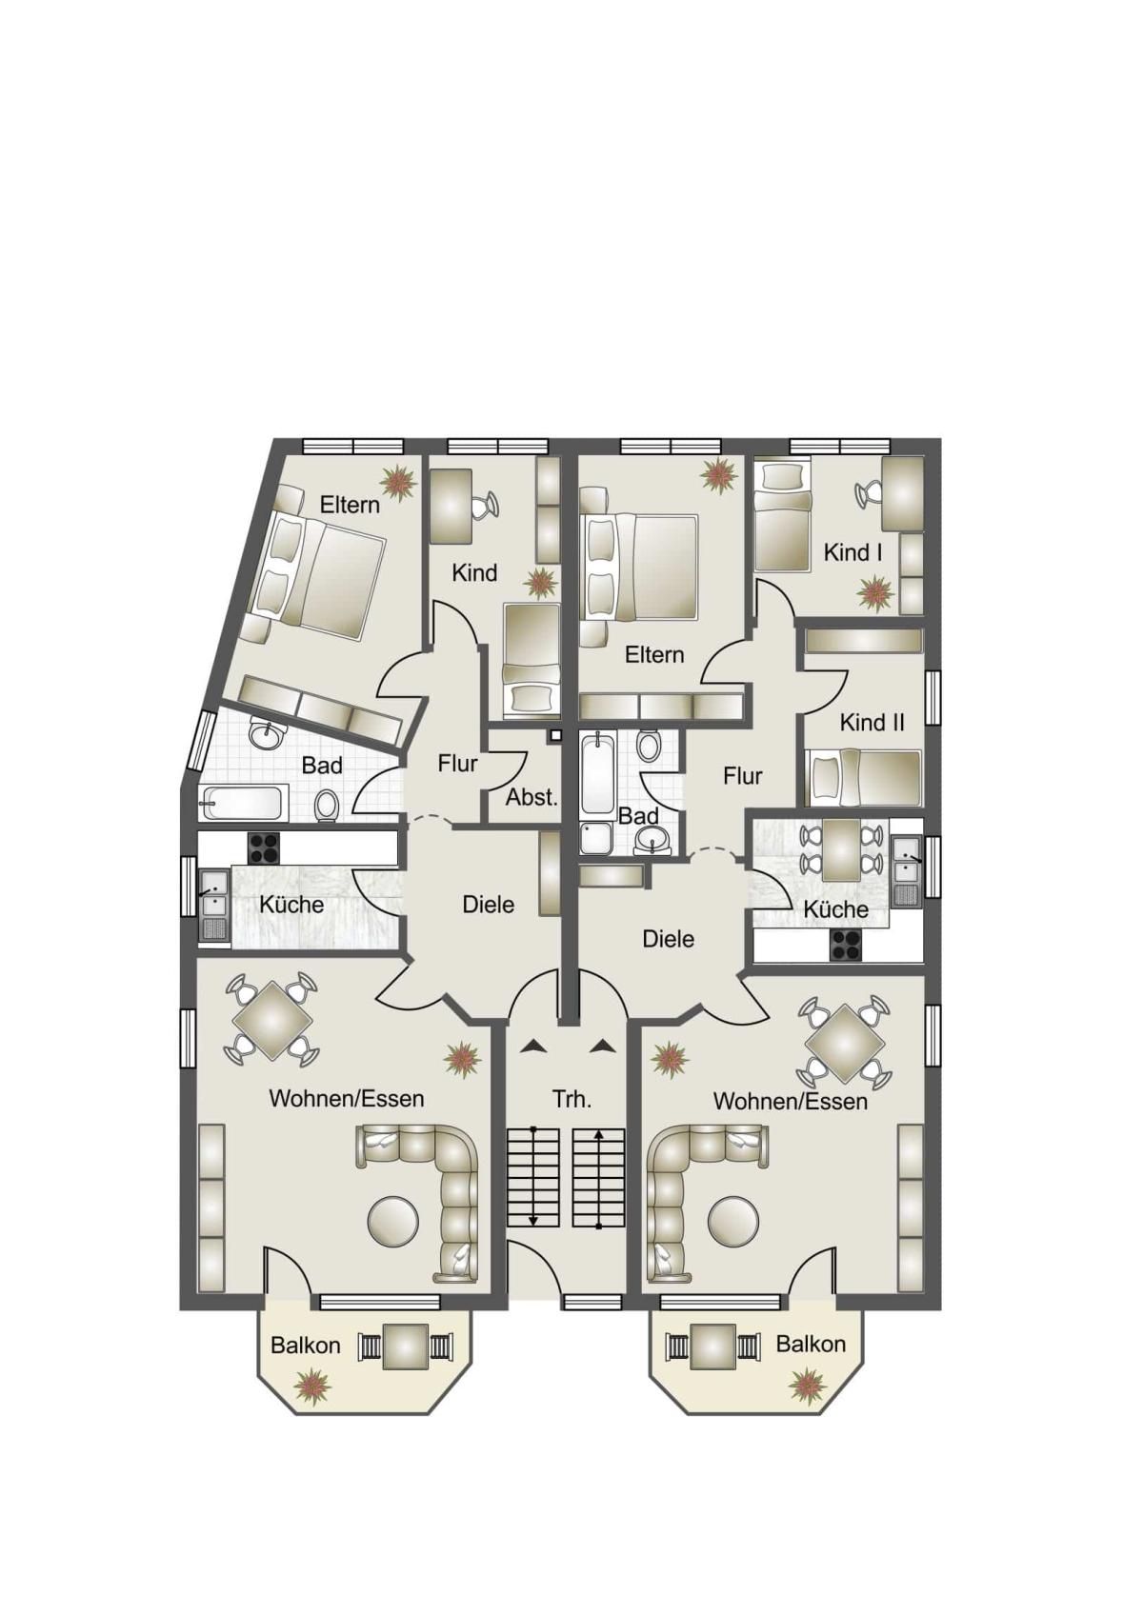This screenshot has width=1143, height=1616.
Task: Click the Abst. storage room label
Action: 531,798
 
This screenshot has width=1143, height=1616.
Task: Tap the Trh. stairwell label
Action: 571,1100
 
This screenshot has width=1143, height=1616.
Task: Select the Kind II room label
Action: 872,722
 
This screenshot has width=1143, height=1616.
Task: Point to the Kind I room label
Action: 852,553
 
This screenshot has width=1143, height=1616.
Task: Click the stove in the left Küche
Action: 264,847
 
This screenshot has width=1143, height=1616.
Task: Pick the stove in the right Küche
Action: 847,946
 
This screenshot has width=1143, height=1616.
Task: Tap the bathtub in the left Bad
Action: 246,803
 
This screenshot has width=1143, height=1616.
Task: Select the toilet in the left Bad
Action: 329,805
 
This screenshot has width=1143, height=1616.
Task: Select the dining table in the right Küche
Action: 841,849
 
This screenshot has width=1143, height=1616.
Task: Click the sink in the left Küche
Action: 215,893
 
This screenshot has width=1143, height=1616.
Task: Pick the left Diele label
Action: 489,904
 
